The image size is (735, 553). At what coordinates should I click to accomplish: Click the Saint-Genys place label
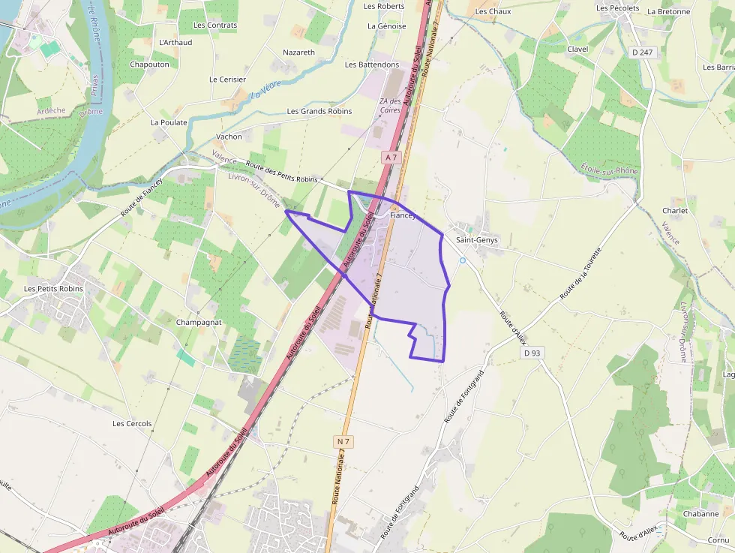click(477, 240)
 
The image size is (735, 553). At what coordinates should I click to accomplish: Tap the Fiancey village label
click(403, 215)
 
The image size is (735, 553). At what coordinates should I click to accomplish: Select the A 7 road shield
click(391, 157)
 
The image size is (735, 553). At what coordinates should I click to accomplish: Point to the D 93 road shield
click(532, 353)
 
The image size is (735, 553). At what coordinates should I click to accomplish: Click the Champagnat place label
click(199, 322)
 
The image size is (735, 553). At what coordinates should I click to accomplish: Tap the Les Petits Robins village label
click(51, 288)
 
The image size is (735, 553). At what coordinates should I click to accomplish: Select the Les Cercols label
click(132, 423)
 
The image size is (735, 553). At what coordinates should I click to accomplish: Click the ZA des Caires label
click(391, 106)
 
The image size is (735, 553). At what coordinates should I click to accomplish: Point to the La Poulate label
click(169, 122)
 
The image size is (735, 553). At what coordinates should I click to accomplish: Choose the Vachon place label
click(229, 137)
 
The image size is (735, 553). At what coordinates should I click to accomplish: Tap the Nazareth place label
click(298, 53)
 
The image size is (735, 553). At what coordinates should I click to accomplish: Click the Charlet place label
click(675, 211)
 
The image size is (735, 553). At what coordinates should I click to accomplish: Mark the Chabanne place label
click(700, 514)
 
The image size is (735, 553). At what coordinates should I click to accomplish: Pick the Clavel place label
click(577, 49)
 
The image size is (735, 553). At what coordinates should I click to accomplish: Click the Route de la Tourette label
click(580, 274)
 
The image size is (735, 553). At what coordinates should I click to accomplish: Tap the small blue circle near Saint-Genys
click(463, 260)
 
